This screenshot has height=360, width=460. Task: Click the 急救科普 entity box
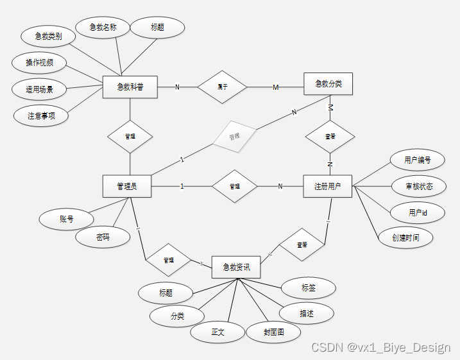tap(130, 87)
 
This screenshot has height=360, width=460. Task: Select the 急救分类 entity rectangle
tap(327, 83)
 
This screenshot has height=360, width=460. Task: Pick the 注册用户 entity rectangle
tap(327, 186)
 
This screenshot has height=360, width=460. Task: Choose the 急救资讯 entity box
tap(236, 267)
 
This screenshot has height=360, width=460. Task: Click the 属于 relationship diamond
tap(222, 87)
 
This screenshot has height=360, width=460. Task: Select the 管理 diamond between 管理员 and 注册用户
tap(234, 186)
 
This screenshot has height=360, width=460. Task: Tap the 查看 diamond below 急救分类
tap(330, 136)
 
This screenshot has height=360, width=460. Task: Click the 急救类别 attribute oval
tap(49, 37)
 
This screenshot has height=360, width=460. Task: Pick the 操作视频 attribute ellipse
tap(39, 63)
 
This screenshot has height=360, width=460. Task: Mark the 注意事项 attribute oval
tap(40, 116)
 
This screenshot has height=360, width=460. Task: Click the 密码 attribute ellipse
tap(103, 237)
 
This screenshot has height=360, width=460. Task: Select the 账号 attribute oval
tap(67, 219)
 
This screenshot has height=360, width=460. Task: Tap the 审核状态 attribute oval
tap(418, 187)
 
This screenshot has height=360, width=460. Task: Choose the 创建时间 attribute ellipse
tap(406, 237)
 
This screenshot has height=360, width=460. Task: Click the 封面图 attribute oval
tap(273, 332)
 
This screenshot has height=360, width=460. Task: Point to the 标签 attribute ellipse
tap(309, 288)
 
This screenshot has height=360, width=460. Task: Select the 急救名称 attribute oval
tap(103, 27)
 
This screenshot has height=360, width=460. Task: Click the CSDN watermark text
tap(380, 347)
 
